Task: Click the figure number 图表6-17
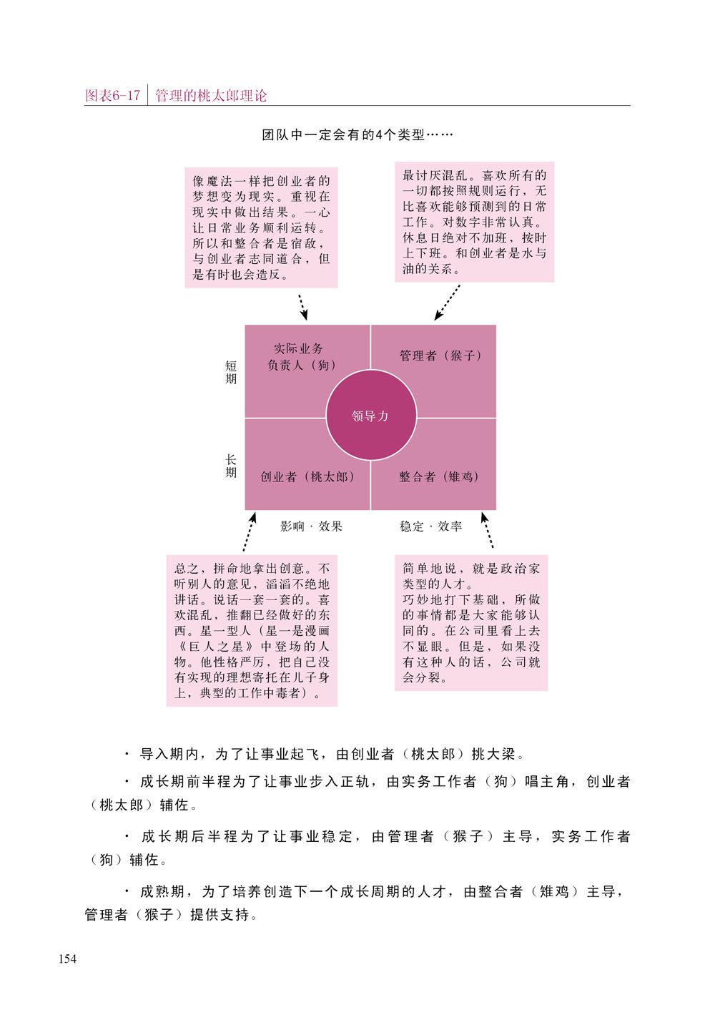pos(112,96)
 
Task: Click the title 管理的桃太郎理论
pos(211,96)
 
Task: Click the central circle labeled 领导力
pos(371,416)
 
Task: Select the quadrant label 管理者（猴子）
pos(440,356)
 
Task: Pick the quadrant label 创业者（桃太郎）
pos(307,476)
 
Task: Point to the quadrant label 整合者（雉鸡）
pos(438,476)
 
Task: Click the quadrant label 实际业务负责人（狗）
pos(302,357)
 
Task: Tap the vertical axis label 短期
pos(231,372)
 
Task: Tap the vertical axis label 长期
pos(231,466)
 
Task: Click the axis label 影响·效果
pos(311,526)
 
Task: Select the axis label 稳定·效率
pos(430,526)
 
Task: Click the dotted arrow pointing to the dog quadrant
pos(303,308)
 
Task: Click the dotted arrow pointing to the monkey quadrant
pos(447,303)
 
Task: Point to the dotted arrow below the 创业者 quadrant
pos(250,531)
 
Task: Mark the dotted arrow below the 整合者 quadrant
pos(488,530)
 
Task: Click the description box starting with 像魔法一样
pos(261,227)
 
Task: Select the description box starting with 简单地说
pos(471,623)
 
